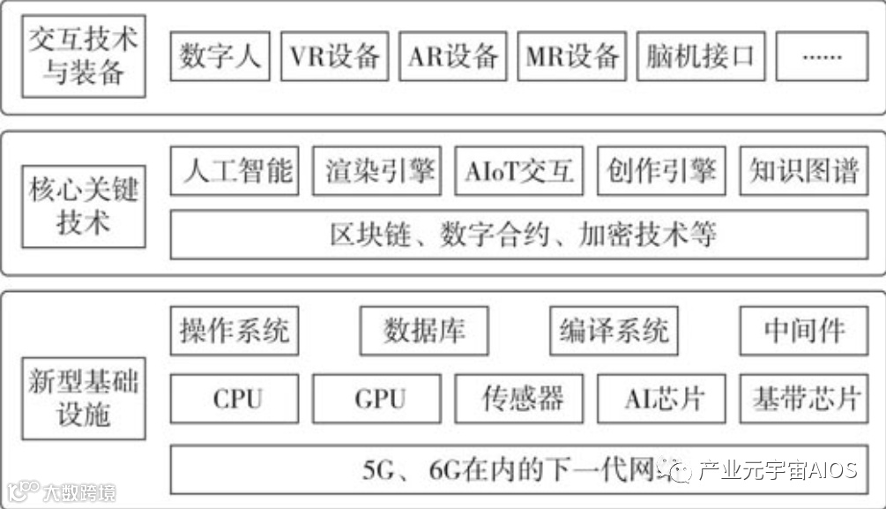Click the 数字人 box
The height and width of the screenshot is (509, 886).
tap(220, 56)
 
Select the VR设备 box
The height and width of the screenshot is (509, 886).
tap(335, 56)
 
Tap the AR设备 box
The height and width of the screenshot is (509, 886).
tap(453, 56)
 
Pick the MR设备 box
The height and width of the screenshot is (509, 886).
tap(571, 56)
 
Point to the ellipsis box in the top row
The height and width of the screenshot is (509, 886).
tap(822, 56)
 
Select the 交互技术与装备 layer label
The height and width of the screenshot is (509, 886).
tap(83, 56)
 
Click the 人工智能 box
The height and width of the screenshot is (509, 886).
tap(236, 170)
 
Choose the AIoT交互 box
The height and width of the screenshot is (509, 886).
tap(519, 170)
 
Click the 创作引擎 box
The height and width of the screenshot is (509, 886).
tap(661, 170)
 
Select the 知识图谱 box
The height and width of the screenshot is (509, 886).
tap(803, 170)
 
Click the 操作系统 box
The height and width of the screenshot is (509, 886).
tap(234, 331)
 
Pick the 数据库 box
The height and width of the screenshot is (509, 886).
tap(424, 331)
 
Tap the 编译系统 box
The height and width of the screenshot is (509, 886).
tap(614, 331)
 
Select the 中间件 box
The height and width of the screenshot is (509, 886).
tap(803, 331)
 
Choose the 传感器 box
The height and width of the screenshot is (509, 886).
tap(519, 399)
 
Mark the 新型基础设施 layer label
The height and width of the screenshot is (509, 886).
tap(83, 399)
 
